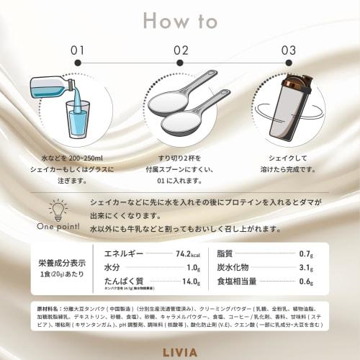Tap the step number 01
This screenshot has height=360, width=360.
(x=78, y=50)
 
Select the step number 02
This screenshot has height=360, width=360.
(x=181, y=50)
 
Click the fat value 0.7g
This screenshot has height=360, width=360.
(x=305, y=254)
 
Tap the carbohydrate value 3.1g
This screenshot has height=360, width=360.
(x=305, y=268)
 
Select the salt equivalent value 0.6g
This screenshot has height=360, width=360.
(x=305, y=282)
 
